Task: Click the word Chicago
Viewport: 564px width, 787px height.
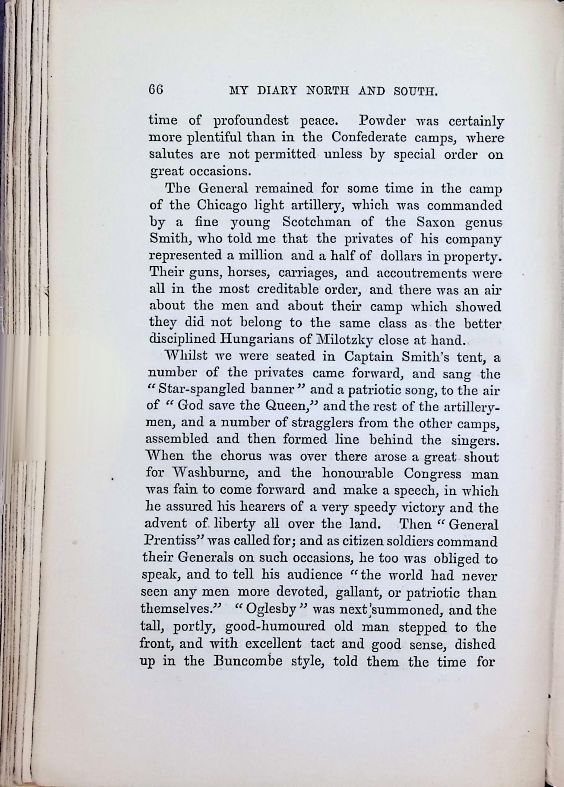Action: click(222, 205)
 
